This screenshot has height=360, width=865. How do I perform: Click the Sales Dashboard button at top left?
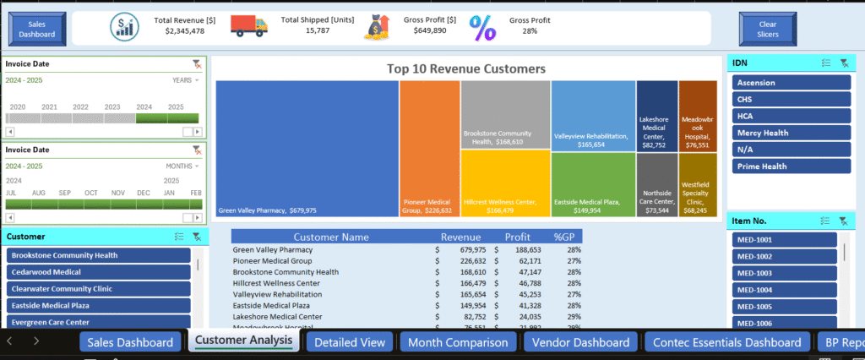pos(36,30)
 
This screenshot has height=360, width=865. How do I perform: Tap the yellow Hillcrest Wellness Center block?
pos(505,184)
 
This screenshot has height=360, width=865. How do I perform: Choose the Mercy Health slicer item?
pos(792,133)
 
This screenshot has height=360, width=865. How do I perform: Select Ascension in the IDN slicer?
pos(792,83)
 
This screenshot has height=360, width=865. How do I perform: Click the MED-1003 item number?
pos(785,273)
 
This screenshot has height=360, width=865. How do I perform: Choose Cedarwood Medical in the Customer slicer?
pos(100,272)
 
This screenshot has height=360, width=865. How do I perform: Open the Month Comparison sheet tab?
pos(457,342)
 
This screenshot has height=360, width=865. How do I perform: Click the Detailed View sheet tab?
pos(350,342)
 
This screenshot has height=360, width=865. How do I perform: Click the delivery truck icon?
pos(248,26)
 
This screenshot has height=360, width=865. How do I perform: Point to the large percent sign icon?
pos(482,28)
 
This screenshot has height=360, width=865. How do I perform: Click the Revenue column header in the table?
pos(460,237)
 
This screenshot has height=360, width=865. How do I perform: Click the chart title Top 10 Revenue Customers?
pos(465,68)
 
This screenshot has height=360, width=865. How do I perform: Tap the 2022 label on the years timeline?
pos(80,107)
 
